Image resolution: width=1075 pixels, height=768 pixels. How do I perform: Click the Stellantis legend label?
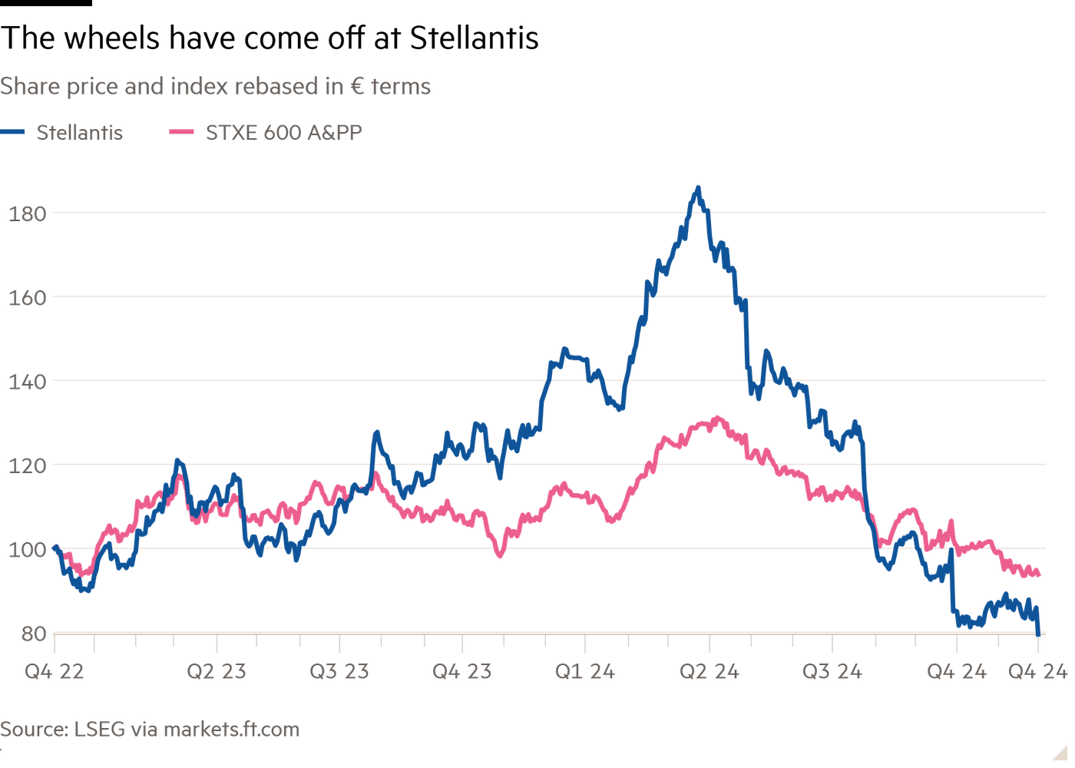(80, 133)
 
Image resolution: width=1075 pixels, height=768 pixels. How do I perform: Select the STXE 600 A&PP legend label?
(283, 133)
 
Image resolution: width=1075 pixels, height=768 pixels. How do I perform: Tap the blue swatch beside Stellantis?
(14, 133)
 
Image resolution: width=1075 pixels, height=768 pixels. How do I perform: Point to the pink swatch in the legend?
(181, 133)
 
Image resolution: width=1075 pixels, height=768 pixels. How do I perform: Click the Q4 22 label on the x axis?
(54, 672)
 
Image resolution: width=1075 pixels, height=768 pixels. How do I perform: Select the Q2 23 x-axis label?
(217, 672)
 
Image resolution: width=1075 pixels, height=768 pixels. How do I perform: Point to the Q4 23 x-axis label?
(461, 672)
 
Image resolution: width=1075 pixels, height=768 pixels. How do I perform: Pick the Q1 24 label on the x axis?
(585, 672)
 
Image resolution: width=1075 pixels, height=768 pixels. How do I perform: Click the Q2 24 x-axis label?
(709, 672)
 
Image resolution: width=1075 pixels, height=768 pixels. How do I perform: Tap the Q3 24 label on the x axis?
(832, 672)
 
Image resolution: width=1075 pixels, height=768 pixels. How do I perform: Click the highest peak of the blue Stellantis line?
(698, 187)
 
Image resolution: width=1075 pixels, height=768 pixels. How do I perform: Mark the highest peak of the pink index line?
(716, 417)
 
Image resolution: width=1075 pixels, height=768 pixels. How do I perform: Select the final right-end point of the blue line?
(1040, 632)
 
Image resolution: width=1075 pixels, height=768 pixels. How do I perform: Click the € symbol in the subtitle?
(356, 87)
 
